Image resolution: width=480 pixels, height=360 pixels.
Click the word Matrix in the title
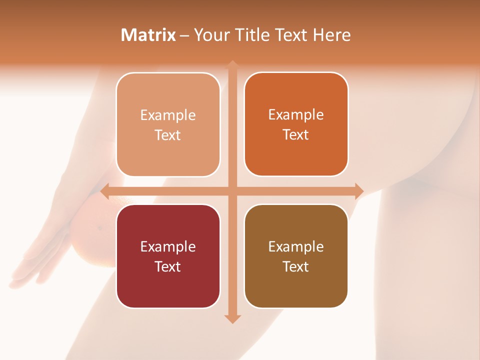[x=148, y=35]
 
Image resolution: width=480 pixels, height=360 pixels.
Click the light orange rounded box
[x=168, y=124]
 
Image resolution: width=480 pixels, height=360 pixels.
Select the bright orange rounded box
[x=296, y=124]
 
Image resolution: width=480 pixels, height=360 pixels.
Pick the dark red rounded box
[x=168, y=256]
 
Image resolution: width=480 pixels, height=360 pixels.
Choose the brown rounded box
[x=296, y=256]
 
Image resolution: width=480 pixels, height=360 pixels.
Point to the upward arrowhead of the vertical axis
[x=232, y=64]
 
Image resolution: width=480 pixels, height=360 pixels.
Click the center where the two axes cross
[x=232, y=191]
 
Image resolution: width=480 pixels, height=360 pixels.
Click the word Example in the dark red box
[x=168, y=246]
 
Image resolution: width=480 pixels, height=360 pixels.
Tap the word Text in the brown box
[x=296, y=266]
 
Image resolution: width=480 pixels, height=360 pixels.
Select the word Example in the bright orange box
[x=296, y=114]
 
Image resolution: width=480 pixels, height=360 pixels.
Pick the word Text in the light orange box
[x=168, y=135]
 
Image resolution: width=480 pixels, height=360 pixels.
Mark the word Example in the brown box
[x=296, y=246]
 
